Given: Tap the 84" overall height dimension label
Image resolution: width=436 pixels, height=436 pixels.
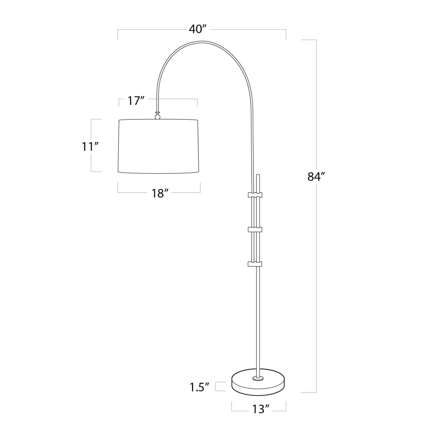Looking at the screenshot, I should point(316,177).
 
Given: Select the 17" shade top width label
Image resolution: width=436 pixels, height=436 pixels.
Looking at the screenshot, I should point(136,101).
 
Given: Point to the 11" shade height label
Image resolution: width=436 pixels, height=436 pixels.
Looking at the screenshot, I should point(90,147).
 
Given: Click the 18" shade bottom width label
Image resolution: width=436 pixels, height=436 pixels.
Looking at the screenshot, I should point(159,193).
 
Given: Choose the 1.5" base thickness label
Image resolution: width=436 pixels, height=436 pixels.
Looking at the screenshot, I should point(199,387).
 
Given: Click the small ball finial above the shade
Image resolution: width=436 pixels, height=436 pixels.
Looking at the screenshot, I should point(158,117).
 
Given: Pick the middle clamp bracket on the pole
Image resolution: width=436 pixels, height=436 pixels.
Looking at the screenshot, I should point(255,229).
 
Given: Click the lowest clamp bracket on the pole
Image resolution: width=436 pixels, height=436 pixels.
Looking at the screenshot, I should point(255,264).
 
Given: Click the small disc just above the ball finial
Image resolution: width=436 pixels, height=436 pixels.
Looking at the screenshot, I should point(158,112).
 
